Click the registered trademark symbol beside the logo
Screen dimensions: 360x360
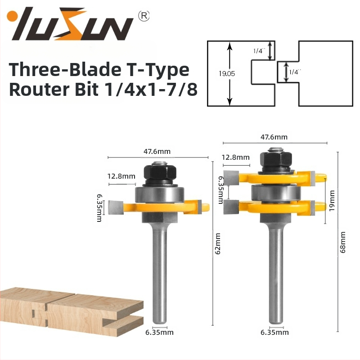click(x=144, y=16)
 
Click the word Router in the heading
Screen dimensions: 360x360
click(x=39, y=89)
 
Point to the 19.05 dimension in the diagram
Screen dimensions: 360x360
click(x=227, y=74)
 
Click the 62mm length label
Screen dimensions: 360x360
click(x=217, y=244)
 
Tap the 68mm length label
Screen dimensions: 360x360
click(x=342, y=242)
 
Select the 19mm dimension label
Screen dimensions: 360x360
click(x=332, y=201)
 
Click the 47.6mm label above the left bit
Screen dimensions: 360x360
click(x=157, y=152)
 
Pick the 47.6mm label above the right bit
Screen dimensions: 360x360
click(x=274, y=137)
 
